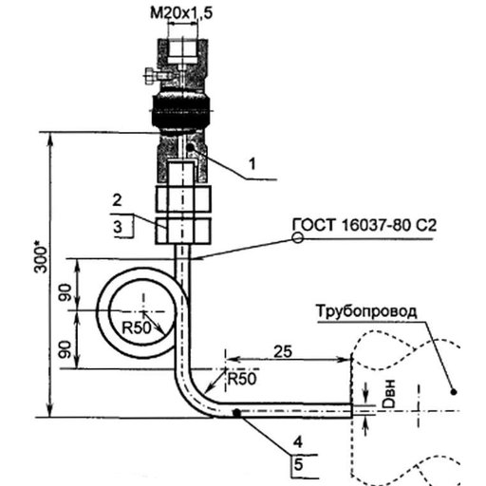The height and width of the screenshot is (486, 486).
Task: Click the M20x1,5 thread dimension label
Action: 181,13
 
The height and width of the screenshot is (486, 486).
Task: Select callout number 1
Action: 252,164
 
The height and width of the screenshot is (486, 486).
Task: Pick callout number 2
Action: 117,200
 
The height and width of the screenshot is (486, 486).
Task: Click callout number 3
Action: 118,227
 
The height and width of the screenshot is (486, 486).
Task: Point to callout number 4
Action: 297,442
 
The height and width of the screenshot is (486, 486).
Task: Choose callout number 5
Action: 298,465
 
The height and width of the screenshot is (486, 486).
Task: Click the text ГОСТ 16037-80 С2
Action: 364,225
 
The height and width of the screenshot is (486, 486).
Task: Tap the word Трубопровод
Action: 366,311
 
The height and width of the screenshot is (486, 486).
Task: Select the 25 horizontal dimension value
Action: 283,351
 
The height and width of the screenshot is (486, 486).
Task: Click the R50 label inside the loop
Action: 137,328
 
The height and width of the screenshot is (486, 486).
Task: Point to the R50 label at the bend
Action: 242,379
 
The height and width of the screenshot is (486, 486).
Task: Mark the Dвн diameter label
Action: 388,393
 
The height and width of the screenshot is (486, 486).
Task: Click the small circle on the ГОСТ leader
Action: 297,237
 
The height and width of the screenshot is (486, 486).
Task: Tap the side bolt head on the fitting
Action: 149,76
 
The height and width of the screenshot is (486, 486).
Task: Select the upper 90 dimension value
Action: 65,292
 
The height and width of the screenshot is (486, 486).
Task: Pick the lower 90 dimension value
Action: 65,349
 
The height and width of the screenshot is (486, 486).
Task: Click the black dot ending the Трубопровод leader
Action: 454,392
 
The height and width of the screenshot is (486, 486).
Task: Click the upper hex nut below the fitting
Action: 183,199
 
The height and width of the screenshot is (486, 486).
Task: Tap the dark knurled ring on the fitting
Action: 181,111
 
